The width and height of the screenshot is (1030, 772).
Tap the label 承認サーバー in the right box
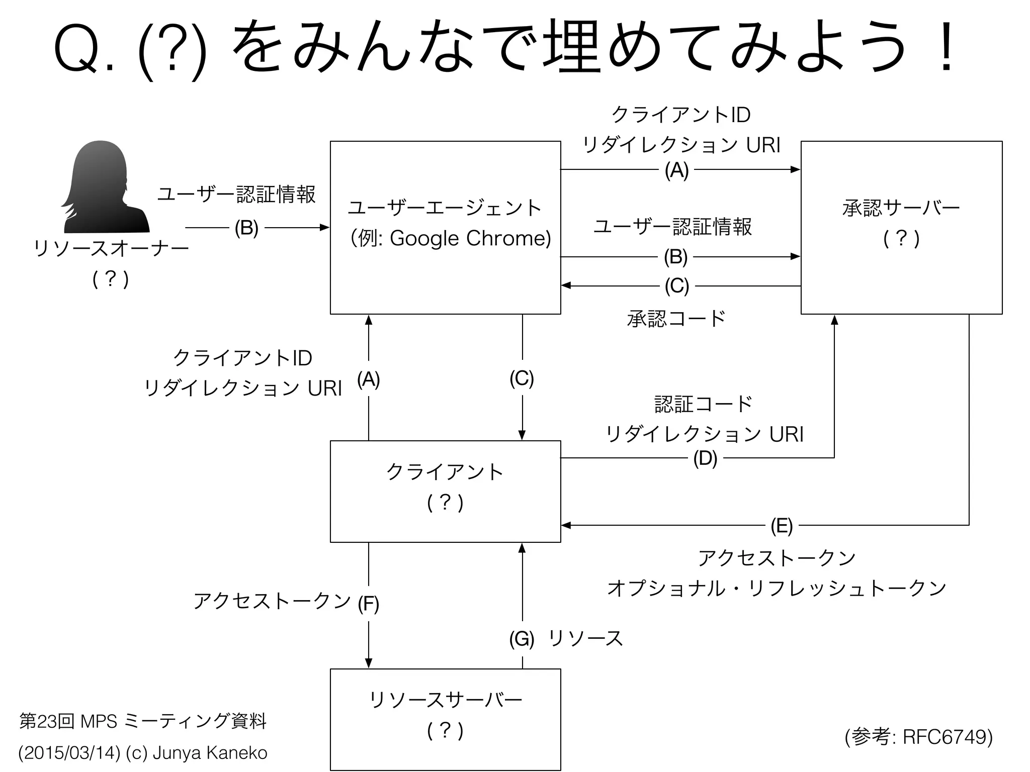[x=901, y=208]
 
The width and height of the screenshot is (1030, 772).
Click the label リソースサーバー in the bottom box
[x=445, y=699]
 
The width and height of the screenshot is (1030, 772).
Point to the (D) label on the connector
[x=705, y=458]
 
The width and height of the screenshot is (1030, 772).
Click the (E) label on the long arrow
[x=782, y=526]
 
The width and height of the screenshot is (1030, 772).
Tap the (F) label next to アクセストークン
[x=369, y=603]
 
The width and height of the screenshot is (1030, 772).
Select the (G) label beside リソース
[x=522, y=639]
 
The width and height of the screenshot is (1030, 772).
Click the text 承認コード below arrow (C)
[x=676, y=318]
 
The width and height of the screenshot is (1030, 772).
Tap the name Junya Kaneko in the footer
[x=210, y=753]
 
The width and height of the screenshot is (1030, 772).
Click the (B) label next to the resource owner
[x=246, y=228]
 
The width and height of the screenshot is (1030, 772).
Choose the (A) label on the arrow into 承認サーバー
[x=676, y=170]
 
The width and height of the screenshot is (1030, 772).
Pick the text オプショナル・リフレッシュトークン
[x=777, y=588]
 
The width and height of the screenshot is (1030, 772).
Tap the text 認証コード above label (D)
[x=703, y=404]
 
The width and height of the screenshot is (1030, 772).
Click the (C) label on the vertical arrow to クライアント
[x=522, y=378]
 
